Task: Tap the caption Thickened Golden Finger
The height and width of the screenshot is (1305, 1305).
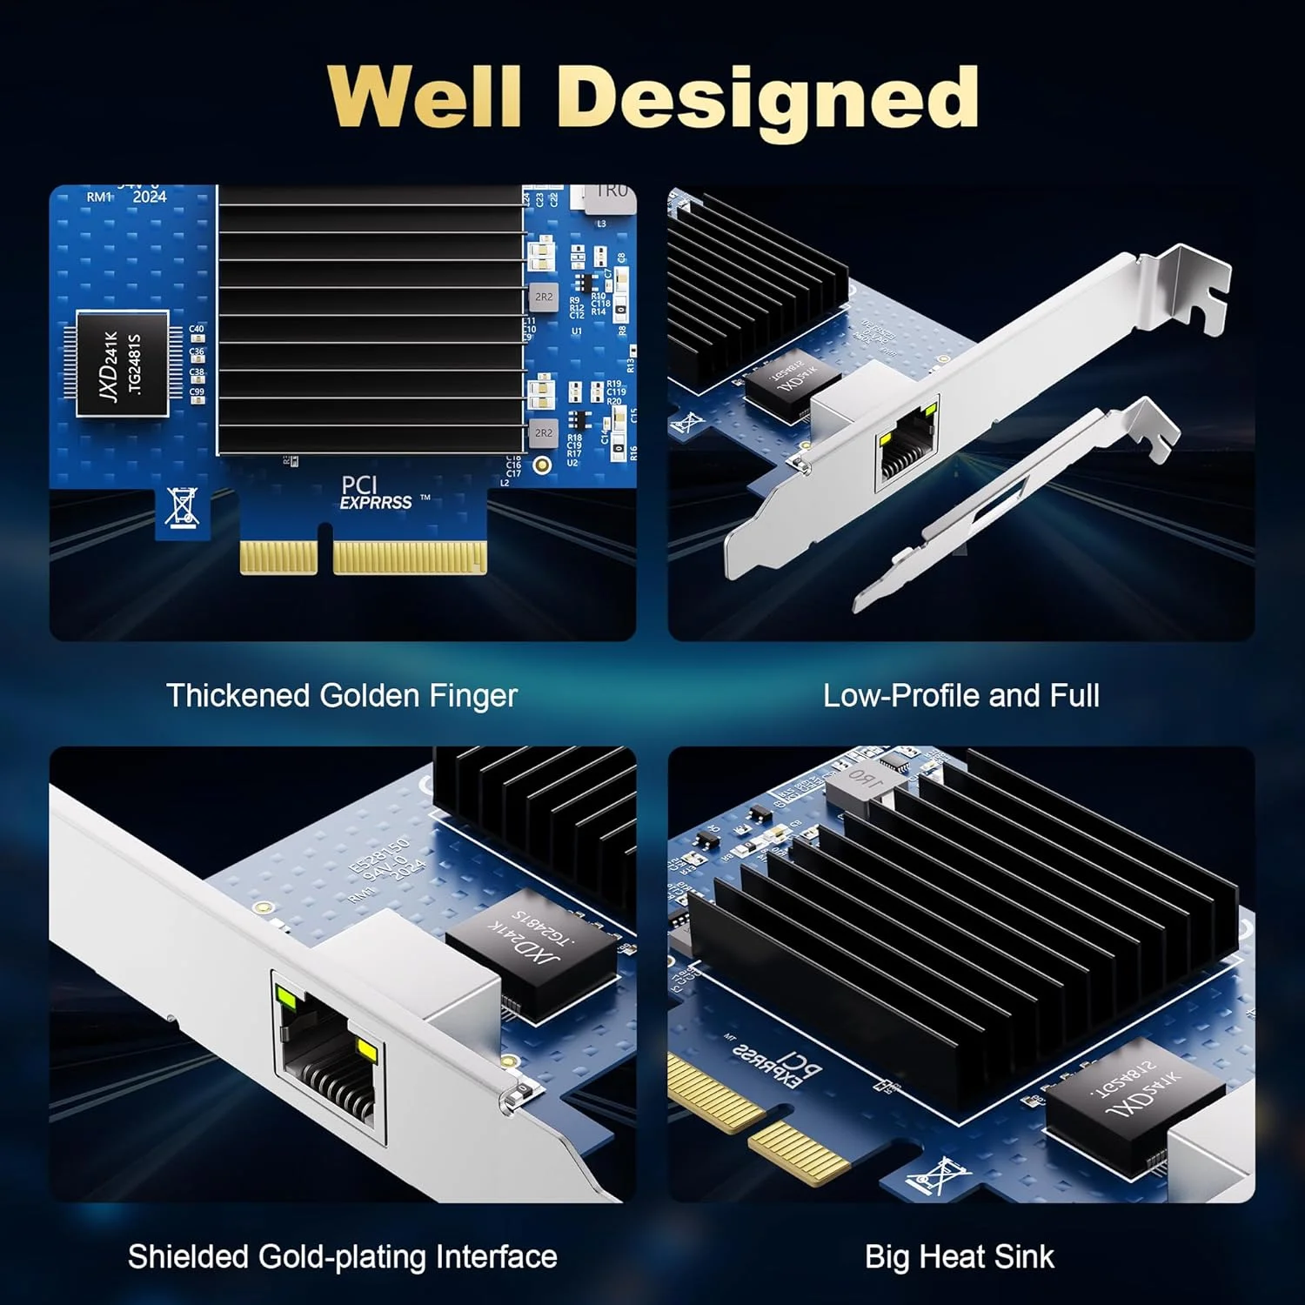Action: pyautogui.click(x=342, y=696)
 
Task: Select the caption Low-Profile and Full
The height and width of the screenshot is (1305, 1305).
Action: pyautogui.click(x=961, y=696)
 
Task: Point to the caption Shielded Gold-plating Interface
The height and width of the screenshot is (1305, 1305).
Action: pyautogui.click(x=342, y=1257)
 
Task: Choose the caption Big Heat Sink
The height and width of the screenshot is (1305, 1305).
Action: pyautogui.click(x=959, y=1257)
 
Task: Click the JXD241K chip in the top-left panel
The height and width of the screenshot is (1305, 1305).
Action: pyautogui.click(x=122, y=364)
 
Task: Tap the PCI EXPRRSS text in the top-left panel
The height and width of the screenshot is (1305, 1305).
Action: pyautogui.click(x=376, y=493)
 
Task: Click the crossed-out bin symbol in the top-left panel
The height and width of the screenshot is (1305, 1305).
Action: pyautogui.click(x=182, y=507)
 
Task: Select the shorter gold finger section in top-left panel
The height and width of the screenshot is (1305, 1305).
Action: pyautogui.click(x=278, y=557)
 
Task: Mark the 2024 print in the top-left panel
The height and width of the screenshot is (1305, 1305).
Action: pyautogui.click(x=150, y=197)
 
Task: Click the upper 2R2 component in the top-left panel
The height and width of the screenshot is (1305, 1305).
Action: pyautogui.click(x=543, y=297)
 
